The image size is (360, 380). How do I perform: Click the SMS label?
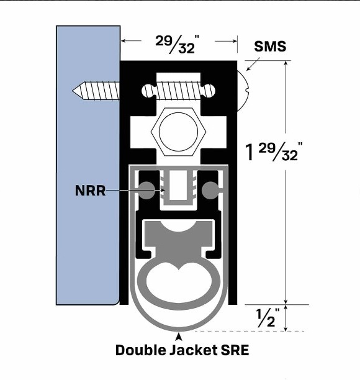pyautogui.click(x=270, y=47)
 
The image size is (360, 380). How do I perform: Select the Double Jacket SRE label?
pyautogui.click(x=182, y=350)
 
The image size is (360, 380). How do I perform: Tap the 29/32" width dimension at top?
pyautogui.click(x=178, y=42)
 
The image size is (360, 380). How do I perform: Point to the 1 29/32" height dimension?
pyautogui.click(x=274, y=151)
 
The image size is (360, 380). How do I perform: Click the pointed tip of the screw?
pyautogui.click(x=76, y=91)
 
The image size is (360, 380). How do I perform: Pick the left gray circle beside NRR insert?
pyautogui.click(x=147, y=190)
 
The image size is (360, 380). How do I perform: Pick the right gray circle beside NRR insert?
pyautogui.click(x=210, y=190)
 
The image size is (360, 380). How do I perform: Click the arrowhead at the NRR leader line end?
pyautogui.click(x=163, y=190)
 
